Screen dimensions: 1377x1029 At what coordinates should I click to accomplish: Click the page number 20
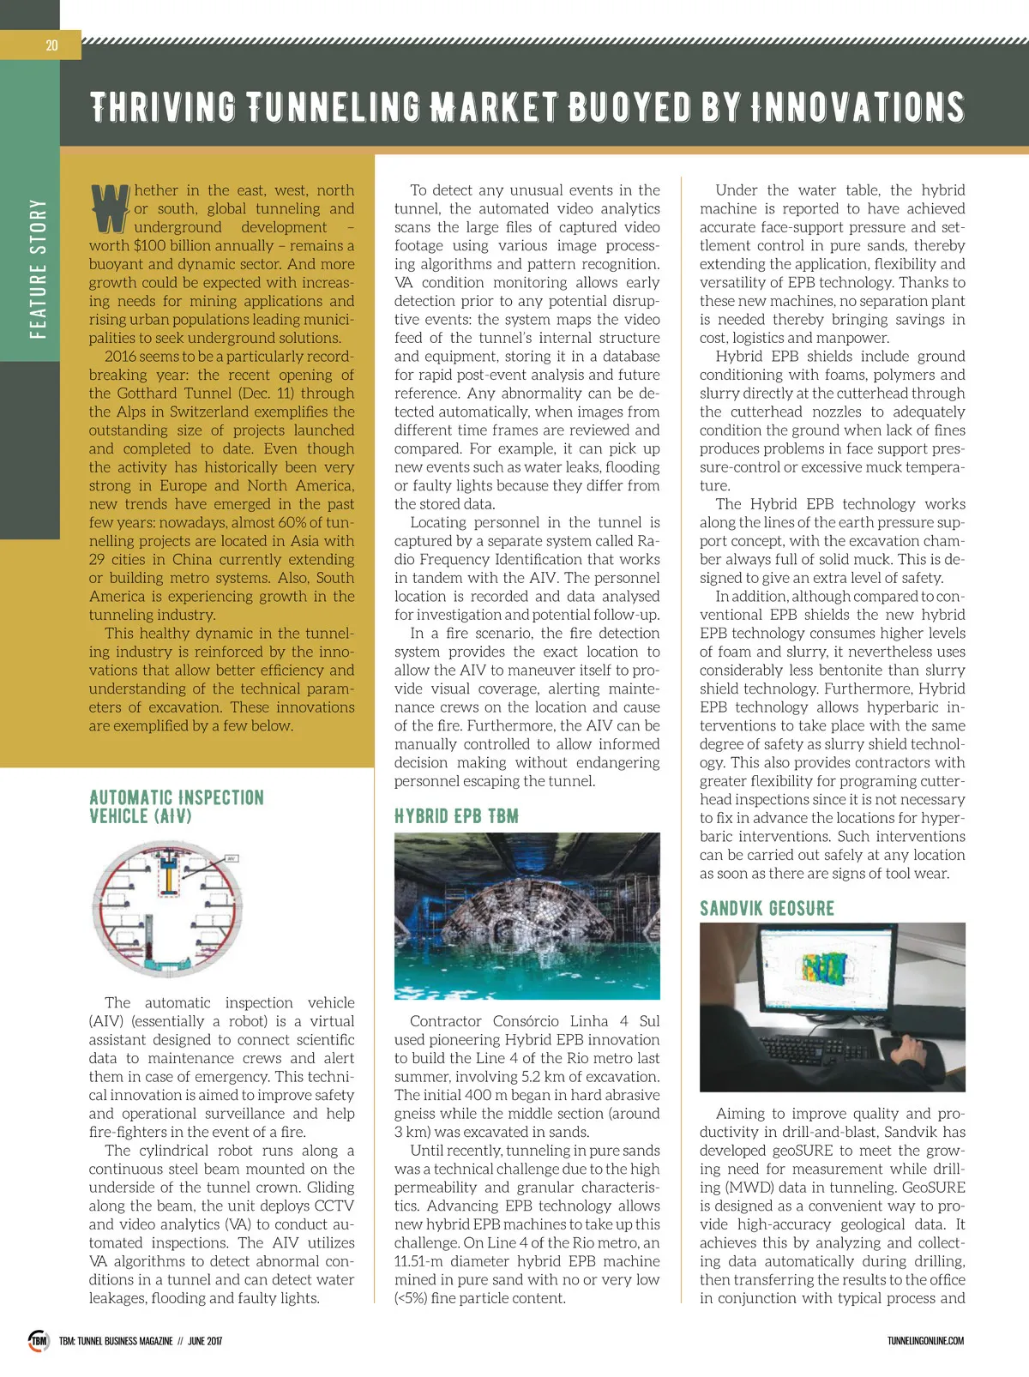tap(51, 45)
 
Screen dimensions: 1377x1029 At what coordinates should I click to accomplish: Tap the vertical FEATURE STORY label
tap(38, 268)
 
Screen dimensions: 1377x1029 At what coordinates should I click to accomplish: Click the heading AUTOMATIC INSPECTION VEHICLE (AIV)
tap(176, 807)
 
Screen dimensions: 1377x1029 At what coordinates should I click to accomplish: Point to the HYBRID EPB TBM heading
tap(456, 816)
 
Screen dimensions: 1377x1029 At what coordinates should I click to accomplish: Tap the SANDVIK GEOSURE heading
tap(767, 908)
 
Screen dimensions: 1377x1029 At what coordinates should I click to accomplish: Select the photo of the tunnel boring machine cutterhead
tap(527, 916)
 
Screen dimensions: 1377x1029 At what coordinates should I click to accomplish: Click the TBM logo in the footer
tap(39, 1340)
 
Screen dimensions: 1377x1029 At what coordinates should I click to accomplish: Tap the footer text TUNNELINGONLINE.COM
tap(925, 1341)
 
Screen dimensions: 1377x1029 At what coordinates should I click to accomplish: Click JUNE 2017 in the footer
tap(204, 1341)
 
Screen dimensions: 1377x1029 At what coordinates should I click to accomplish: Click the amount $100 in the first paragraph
tap(149, 246)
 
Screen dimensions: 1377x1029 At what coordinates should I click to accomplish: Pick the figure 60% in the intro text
tap(276, 523)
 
